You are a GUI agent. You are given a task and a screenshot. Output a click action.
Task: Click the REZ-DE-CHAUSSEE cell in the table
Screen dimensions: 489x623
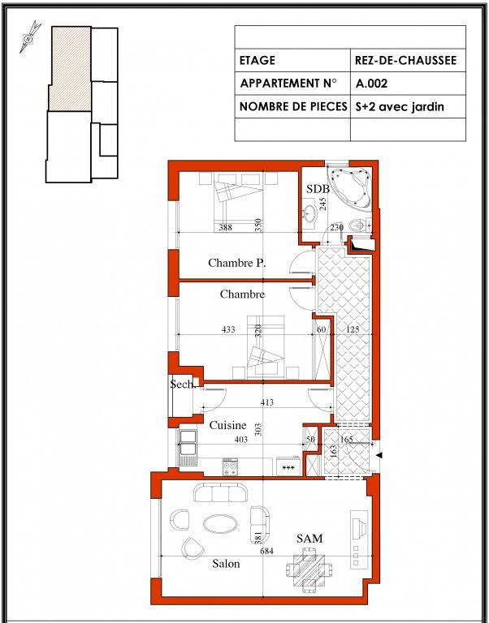point(405,60)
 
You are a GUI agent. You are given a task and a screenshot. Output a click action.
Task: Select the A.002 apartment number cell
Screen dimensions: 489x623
point(372,84)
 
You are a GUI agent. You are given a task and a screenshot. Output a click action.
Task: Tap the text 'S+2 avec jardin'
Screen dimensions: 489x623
point(400,106)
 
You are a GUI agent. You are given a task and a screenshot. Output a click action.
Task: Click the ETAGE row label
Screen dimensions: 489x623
point(257,60)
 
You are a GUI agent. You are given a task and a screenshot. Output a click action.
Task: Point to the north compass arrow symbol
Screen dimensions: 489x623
point(30,37)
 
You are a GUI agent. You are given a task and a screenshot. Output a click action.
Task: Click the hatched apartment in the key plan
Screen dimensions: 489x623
point(71,69)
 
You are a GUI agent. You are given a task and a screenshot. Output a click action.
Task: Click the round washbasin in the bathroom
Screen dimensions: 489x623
point(308,214)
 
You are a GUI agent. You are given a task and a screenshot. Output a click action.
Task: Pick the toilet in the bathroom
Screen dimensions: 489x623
point(359,226)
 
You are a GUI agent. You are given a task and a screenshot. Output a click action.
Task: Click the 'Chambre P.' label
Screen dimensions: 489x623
point(236,263)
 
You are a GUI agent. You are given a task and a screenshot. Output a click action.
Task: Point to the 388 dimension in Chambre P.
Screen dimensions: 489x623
point(225,227)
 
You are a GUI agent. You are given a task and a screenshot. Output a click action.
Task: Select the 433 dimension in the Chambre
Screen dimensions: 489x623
point(228,329)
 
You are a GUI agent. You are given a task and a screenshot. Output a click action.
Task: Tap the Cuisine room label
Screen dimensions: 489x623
point(228,426)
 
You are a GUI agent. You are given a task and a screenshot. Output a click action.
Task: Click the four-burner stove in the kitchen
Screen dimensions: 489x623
point(230,467)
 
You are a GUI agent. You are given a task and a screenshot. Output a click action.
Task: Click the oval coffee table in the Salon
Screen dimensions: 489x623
point(220,524)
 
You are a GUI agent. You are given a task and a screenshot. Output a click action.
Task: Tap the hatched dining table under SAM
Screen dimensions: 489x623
point(309,569)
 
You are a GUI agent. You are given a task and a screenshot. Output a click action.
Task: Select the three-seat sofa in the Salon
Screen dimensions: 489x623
point(220,492)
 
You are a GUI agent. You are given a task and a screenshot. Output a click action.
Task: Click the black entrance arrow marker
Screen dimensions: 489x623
point(380,455)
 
